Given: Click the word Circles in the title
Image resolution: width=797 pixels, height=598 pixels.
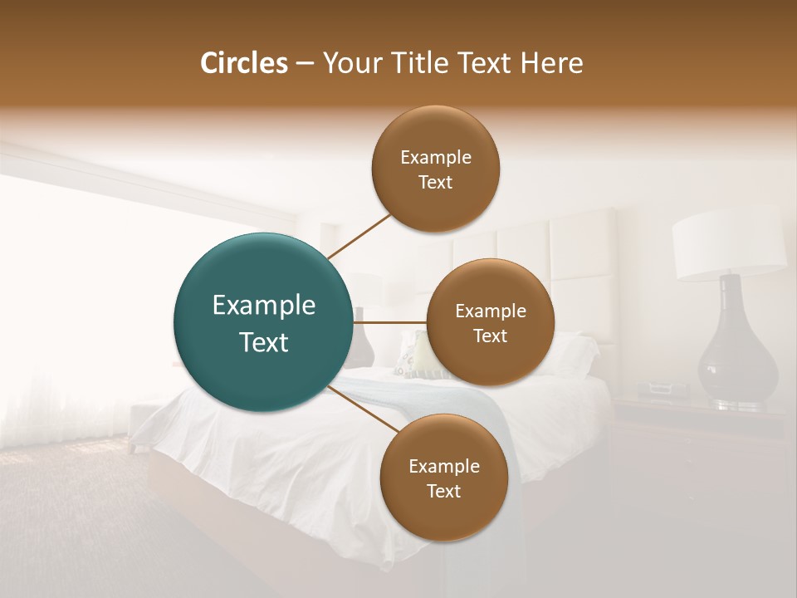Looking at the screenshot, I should [x=244, y=63].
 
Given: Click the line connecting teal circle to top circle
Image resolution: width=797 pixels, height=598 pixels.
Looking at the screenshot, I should [x=359, y=237].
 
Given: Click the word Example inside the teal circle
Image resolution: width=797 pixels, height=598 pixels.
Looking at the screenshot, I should [x=264, y=306].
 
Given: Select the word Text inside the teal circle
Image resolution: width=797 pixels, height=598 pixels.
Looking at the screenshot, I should [x=264, y=342].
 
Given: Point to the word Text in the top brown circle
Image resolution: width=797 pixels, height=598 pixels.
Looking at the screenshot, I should [x=435, y=183].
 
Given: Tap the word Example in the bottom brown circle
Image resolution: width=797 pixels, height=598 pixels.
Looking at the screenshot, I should [x=443, y=466].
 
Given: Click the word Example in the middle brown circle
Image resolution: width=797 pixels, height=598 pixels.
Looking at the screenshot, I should [x=490, y=311].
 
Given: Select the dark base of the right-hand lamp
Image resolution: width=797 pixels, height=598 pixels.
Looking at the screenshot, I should [x=736, y=349].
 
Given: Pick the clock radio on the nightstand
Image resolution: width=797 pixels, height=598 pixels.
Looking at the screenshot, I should [x=664, y=388].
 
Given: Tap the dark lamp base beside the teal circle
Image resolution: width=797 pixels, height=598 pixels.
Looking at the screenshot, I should [x=363, y=341].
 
